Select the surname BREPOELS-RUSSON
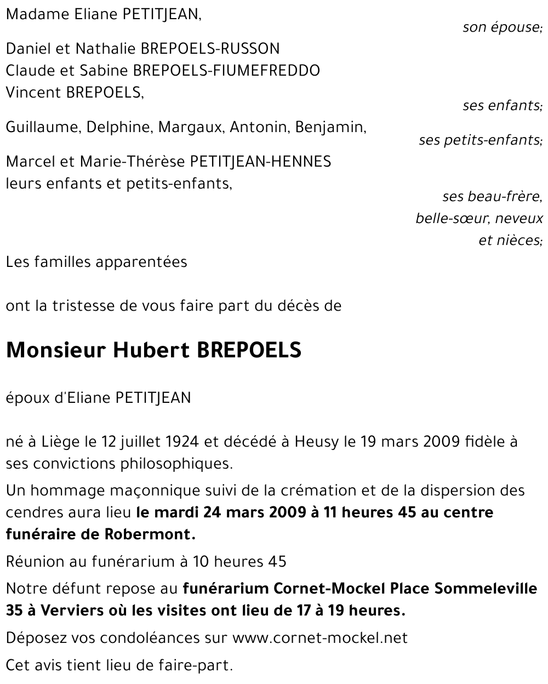210,49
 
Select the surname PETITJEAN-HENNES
260,162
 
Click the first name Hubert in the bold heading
145,350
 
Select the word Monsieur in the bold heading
55,350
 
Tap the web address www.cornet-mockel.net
320,639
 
